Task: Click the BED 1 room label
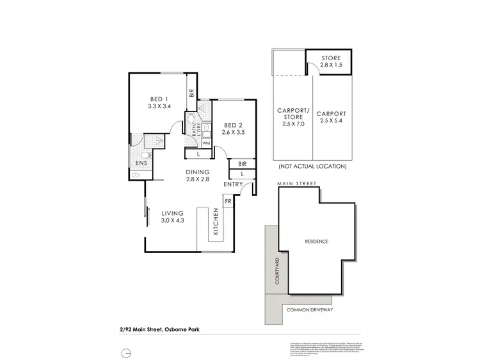click(x=159, y=98)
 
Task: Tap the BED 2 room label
click(x=233, y=124)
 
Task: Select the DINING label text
click(x=198, y=172)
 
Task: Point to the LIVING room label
click(x=173, y=213)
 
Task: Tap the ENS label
click(x=141, y=163)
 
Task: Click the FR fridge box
click(x=227, y=201)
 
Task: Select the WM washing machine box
click(x=206, y=143)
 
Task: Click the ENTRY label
click(x=233, y=184)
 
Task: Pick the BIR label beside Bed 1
click(x=191, y=92)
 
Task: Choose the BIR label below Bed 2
click(x=243, y=163)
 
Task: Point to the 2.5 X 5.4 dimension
click(x=332, y=121)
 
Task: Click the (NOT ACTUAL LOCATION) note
click(x=312, y=167)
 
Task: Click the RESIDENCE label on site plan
click(x=316, y=241)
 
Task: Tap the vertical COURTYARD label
click(x=277, y=272)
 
